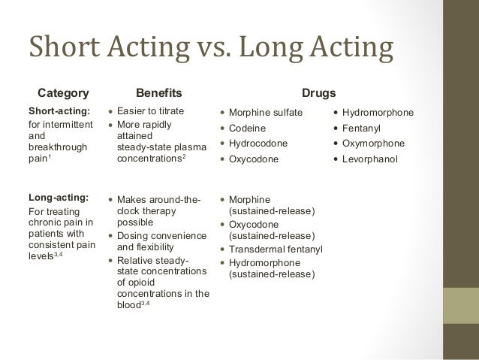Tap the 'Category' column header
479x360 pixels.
click(x=63, y=93)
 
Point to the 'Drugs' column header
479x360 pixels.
click(x=318, y=93)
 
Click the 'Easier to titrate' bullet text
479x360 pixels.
click(x=151, y=112)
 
